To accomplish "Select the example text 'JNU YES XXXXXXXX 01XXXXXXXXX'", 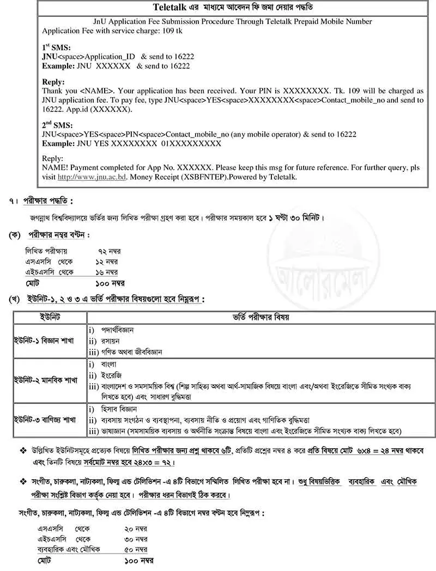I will (x=131, y=144).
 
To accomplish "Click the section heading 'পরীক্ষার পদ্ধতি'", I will (x=48, y=201).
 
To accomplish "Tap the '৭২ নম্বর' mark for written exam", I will (x=109, y=251).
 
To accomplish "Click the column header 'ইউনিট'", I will (x=50, y=318).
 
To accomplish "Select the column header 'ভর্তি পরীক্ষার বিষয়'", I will (x=262, y=318).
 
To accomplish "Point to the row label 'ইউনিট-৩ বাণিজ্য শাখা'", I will (x=47, y=420).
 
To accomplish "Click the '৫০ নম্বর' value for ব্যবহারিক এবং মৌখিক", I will (x=136, y=549).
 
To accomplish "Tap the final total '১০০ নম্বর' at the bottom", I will (x=139, y=561).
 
